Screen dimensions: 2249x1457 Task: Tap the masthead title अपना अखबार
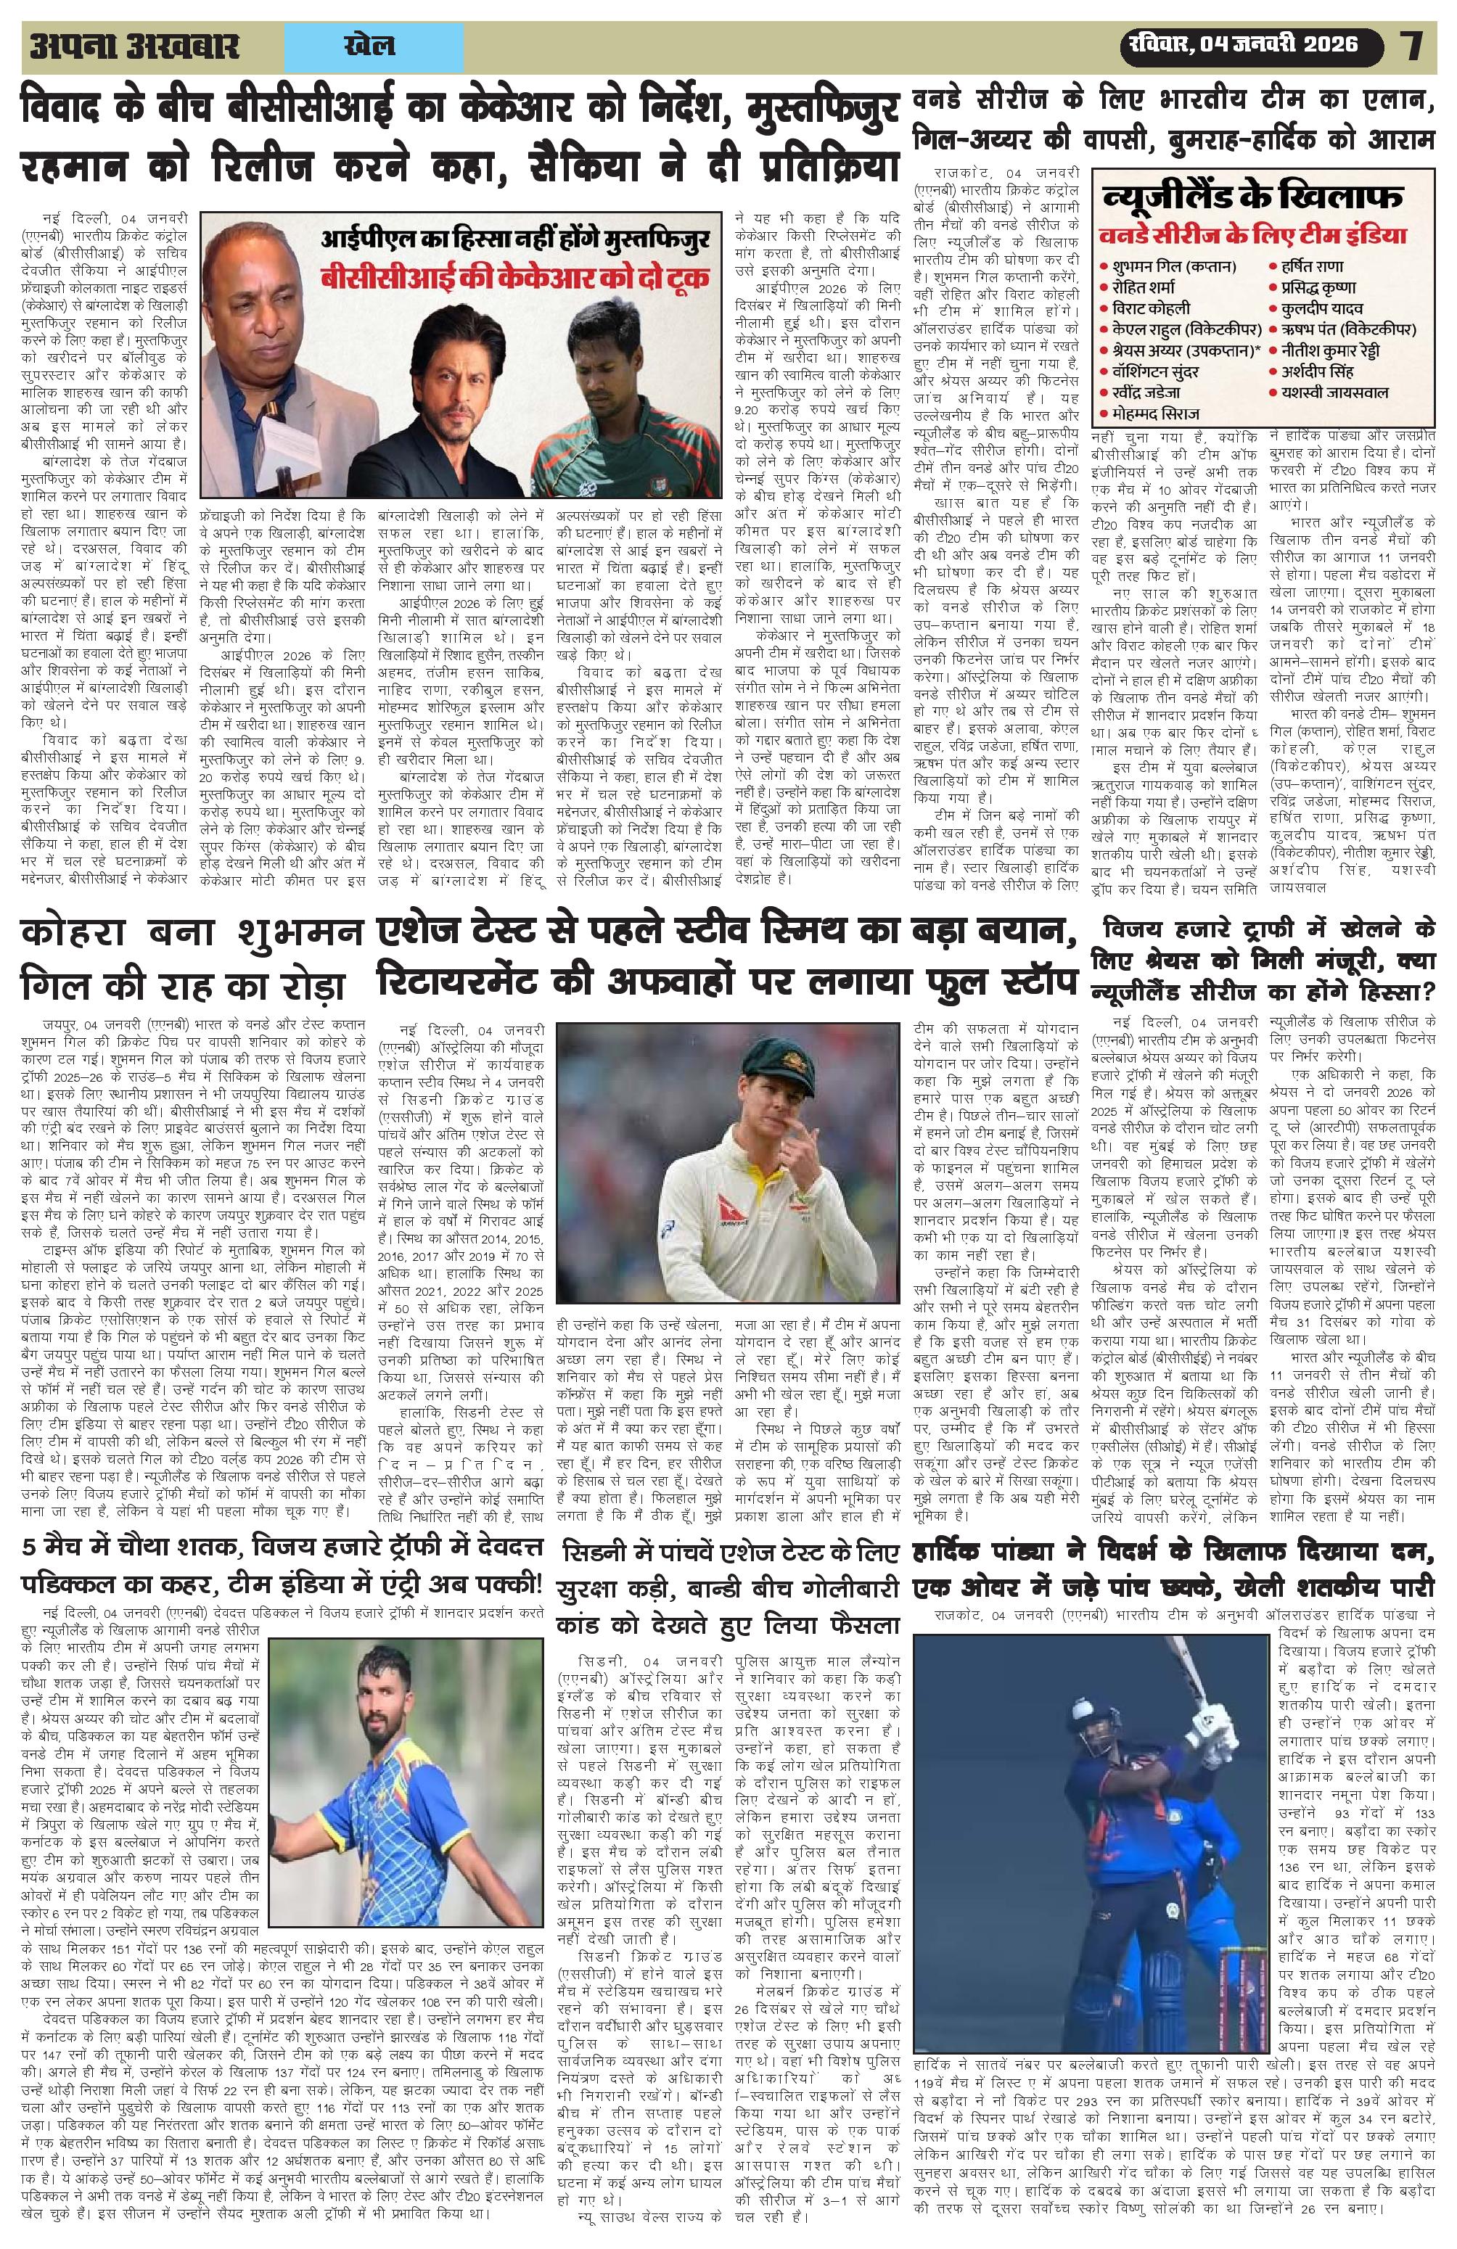point(134,46)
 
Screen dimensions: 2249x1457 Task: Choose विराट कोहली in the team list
point(1150,308)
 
